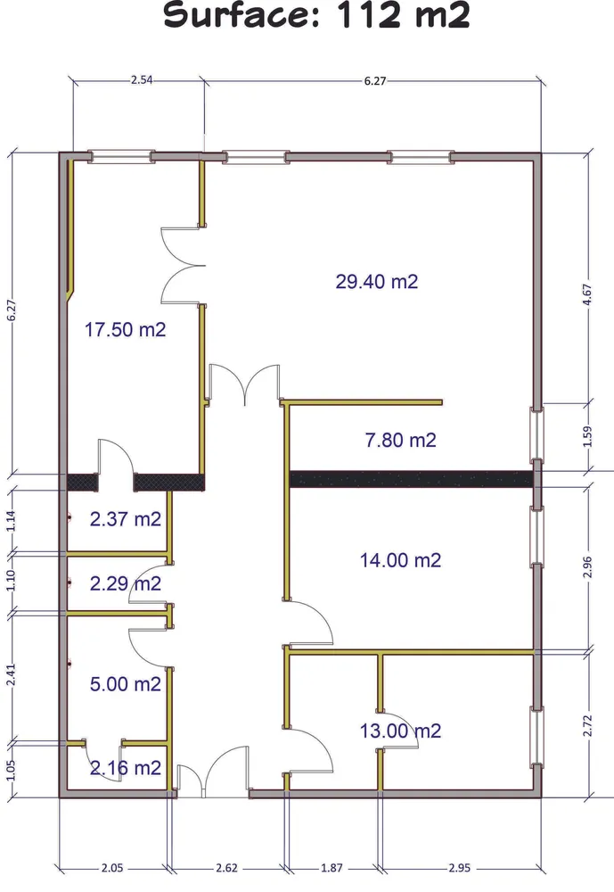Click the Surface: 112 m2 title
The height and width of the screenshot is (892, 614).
click(316, 15)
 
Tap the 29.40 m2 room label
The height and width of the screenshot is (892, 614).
click(376, 282)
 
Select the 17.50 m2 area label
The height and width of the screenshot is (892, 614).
click(125, 329)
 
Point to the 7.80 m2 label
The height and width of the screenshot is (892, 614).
click(400, 440)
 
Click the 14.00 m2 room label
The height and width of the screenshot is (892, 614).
click(400, 560)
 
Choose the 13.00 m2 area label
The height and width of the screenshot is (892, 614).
click(400, 731)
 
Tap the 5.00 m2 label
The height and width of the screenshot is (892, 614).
click(125, 684)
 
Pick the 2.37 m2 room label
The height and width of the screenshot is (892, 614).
click(125, 519)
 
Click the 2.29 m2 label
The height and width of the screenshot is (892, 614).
click(125, 583)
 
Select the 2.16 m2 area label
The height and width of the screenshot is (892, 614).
click(125, 768)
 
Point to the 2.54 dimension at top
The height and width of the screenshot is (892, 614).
click(142, 80)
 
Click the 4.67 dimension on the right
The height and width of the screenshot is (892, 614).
click(587, 294)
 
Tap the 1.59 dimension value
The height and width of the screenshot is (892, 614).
click(587, 436)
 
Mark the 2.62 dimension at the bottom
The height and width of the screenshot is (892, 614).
click(226, 868)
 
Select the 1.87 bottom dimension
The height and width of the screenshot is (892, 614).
click(332, 868)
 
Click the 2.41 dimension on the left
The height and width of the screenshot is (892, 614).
click(12, 675)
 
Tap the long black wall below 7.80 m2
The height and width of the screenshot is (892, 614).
click(412, 479)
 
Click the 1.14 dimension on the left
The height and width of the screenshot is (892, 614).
click(12, 521)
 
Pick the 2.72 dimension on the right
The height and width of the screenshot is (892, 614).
click(587, 726)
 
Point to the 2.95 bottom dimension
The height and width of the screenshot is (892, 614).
click(459, 868)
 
